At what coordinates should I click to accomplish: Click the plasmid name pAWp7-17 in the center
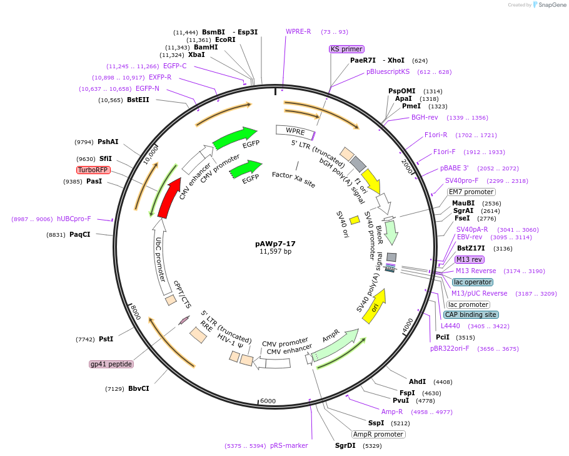point(276,243)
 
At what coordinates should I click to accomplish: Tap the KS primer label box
point(346,49)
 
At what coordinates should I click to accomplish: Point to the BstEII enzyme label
point(138,100)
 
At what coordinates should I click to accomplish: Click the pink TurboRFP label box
point(93,170)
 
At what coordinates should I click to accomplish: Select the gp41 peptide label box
point(111,364)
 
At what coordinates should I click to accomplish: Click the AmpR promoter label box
point(378,434)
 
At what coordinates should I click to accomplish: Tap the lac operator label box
point(473,282)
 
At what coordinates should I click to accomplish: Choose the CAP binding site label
point(471,314)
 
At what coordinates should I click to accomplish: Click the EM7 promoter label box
point(471,192)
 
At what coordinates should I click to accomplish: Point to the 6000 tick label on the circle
point(268,401)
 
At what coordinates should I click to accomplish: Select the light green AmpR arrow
point(335,345)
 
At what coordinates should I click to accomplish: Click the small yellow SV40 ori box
point(355,220)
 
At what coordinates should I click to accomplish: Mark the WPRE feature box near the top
point(295,131)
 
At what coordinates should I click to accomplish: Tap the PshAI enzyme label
point(108,142)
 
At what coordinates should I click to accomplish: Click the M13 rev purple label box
point(470,259)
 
